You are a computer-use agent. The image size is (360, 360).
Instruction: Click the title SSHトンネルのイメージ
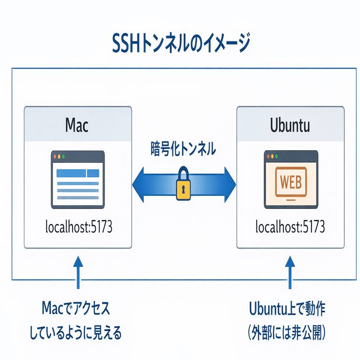click(180, 44)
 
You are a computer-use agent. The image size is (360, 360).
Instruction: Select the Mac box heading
click(77, 125)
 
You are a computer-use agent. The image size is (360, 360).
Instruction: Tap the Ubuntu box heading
click(290, 125)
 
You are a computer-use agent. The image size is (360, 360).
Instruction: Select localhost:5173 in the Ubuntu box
click(290, 226)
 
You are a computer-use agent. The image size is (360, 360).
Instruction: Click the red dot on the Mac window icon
click(55, 156)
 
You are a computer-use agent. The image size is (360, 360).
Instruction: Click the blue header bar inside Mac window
click(71, 173)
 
